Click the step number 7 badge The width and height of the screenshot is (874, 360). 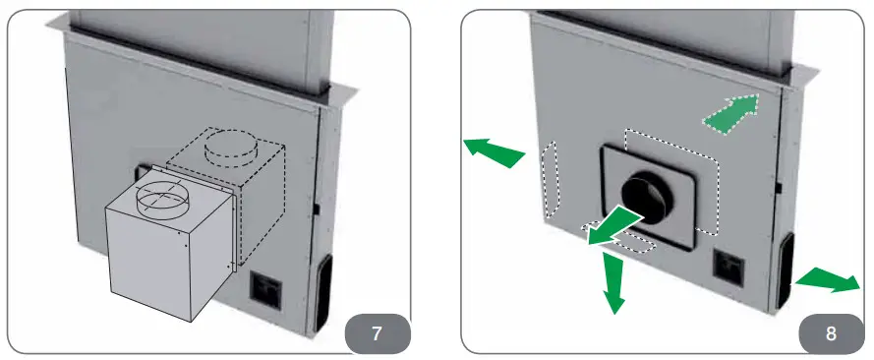(x=378, y=332)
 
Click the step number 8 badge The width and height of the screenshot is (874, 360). (x=831, y=332)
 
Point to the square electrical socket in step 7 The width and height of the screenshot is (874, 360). (x=265, y=288)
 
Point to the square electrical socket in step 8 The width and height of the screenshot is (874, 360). (x=729, y=265)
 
